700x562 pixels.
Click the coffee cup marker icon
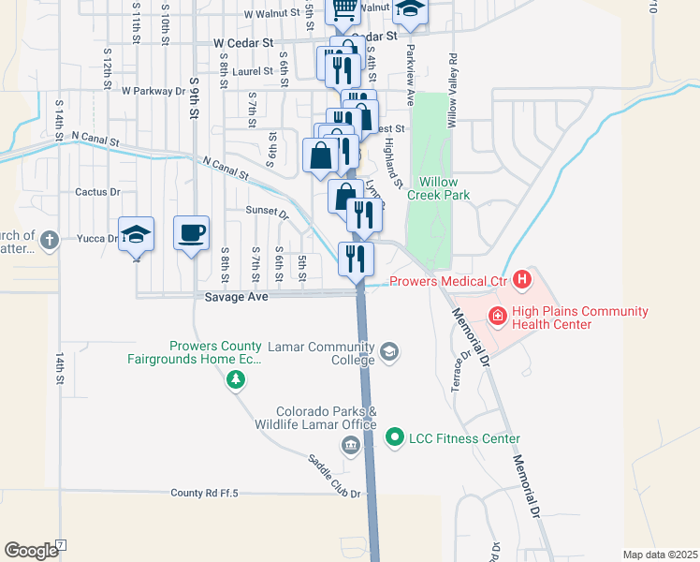click(x=191, y=232)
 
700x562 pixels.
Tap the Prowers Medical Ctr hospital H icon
click(x=522, y=279)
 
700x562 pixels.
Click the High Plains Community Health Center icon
click(x=495, y=318)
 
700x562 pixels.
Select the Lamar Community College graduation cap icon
click(x=388, y=352)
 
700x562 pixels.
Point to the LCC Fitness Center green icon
click(x=395, y=437)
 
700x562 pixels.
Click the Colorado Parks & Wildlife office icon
click(x=351, y=445)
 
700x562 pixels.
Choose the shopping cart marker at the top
click(x=343, y=9)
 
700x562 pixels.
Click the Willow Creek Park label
click(x=438, y=188)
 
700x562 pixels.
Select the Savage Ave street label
click(x=238, y=296)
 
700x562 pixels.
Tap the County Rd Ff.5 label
click(x=205, y=493)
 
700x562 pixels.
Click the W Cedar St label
click(x=242, y=43)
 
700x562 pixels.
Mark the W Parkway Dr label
click(x=153, y=91)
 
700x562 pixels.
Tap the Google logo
click(x=31, y=551)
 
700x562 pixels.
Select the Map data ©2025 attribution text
click(x=660, y=555)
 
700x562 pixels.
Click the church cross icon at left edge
click(x=50, y=240)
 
